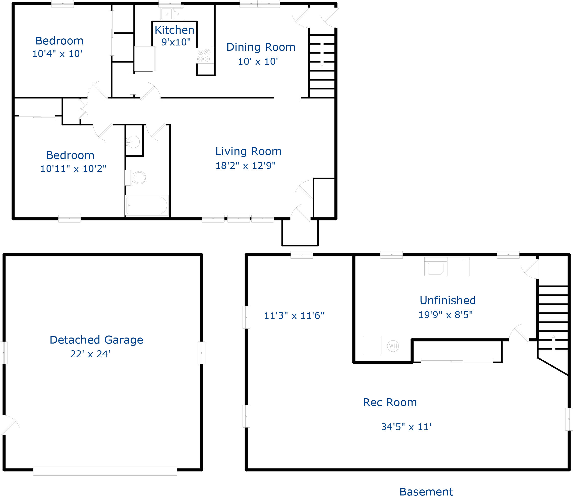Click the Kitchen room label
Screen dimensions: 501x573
[x=174, y=30]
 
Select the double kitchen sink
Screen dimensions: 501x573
[x=172, y=13]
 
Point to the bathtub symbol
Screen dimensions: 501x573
[x=147, y=205]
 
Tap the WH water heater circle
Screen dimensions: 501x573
[x=393, y=346]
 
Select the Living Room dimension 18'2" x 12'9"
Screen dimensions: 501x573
[x=245, y=166]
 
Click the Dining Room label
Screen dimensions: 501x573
[x=260, y=47]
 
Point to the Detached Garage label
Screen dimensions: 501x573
[x=96, y=340]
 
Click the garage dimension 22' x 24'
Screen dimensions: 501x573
[x=90, y=354]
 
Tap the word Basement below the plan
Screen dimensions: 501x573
[x=426, y=491]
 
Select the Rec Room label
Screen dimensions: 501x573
[x=390, y=402]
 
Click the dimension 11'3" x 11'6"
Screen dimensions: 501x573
[x=294, y=316]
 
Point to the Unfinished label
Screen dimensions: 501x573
[x=447, y=300]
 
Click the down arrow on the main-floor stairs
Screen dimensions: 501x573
[x=322, y=53]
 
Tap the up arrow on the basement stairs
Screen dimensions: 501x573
[x=553, y=348]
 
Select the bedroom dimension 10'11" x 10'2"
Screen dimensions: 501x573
[x=73, y=169]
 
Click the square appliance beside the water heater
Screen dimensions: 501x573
[x=372, y=345]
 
